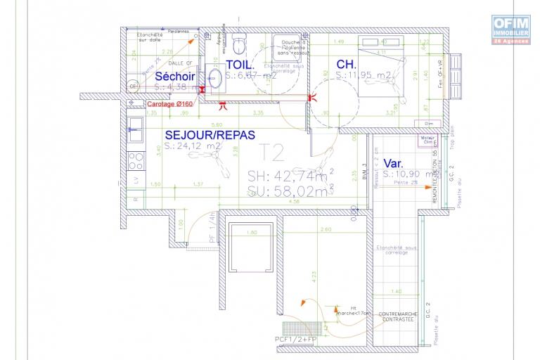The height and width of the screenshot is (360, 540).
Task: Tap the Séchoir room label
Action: click(175, 76)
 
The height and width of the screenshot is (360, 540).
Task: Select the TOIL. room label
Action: click(239, 65)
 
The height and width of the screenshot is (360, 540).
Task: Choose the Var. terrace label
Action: click(394, 163)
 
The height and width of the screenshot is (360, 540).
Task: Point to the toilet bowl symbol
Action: click(240, 44)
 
